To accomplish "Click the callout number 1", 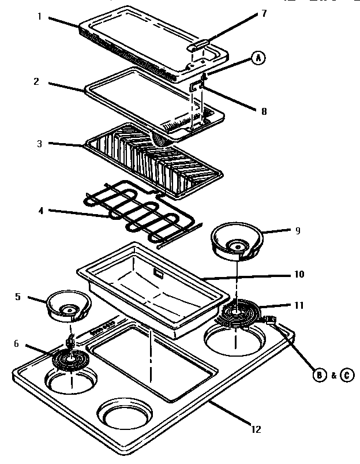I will tap(39, 17).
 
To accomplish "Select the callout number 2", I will tap(36, 81).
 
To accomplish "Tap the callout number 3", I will tap(39, 144).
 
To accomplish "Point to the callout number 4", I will tap(40, 211).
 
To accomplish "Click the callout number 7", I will tap(264, 13).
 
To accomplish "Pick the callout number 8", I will tap(264, 112).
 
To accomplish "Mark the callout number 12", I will tap(256, 429).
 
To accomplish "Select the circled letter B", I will tap(318, 375).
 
